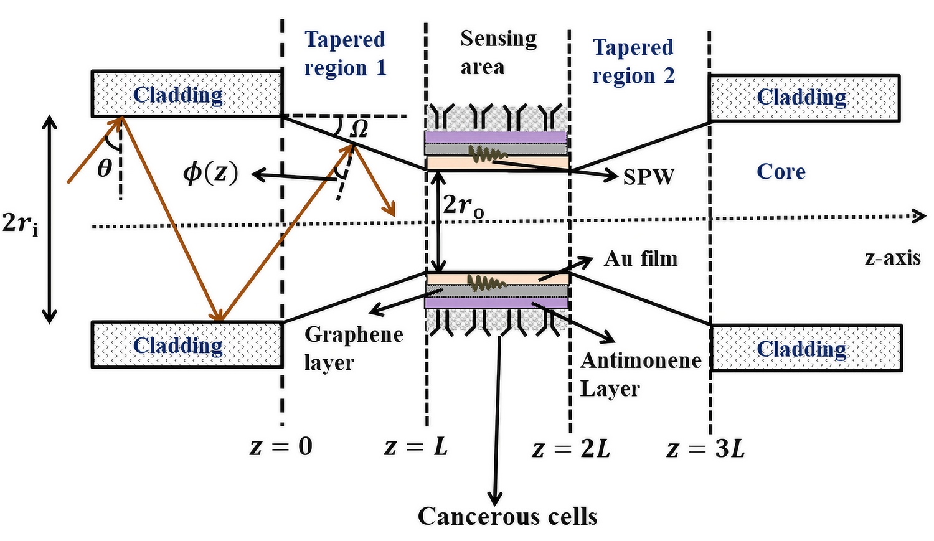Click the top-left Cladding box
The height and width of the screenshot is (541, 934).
pos(186,94)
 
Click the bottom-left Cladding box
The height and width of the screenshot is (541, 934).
pos(186,345)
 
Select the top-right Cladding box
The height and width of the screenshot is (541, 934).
pos(804,98)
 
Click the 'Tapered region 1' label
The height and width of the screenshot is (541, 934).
pos(345,54)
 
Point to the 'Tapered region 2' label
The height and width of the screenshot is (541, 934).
pos(633,61)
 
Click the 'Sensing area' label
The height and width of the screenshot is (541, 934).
pos(498,52)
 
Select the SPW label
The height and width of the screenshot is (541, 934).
pos(648,177)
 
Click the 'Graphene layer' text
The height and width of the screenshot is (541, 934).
pos(353,348)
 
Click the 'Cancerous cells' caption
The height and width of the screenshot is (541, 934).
pos(507,516)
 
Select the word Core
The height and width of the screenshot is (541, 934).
pos(781,172)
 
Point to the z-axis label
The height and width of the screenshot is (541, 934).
pos(892,258)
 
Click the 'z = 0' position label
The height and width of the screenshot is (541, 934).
pos(281,446)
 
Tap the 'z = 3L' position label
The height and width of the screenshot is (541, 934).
pos(705,448)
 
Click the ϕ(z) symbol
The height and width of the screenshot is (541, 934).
pos(210,173)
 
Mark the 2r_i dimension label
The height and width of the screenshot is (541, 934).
pos(20,222)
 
